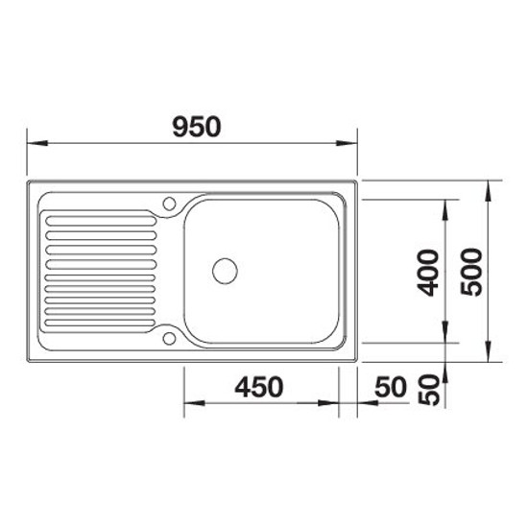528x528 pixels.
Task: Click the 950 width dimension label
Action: [x=197, y=127]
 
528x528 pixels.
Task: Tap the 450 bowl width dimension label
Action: [x=259, y=387]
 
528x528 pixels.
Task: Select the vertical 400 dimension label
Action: [x=427, y=273]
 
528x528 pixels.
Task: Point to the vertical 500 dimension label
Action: [x=471, y=272]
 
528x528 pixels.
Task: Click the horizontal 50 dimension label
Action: [x=391, y=387]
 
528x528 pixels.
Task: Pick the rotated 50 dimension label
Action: [x=429, y=390]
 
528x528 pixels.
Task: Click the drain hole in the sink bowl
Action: [x=225, y=271]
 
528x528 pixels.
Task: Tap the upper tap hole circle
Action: [x=169, y=204]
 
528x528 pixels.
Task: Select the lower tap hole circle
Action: [x=169, y=339]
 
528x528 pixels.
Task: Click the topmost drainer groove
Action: [x=101, y=221]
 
